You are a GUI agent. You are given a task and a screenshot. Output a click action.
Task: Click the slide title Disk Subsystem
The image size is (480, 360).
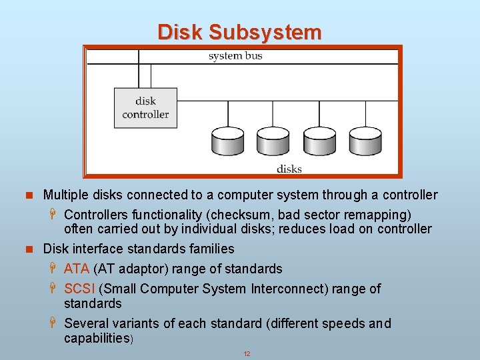coord(239,31)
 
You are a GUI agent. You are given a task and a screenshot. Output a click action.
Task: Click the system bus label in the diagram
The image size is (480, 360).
coord(235,56)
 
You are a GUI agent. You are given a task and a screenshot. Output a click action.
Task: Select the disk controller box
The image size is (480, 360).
coord(145,108)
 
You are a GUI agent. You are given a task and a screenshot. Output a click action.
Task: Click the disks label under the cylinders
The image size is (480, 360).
coord(289,169)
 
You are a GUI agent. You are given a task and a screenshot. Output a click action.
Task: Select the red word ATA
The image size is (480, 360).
coord(77,269)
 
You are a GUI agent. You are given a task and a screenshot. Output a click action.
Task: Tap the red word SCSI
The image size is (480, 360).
coord(79,289)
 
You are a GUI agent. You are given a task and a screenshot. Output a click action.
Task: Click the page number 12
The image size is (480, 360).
coord(247,353)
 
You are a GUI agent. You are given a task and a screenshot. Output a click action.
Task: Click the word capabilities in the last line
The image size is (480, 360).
coord(97,338)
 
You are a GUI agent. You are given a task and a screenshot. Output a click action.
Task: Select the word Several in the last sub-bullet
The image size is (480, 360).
coord(85,323)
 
